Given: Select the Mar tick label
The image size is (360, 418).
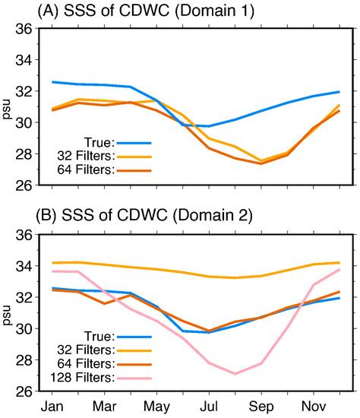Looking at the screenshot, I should pyautogui.click(x=106, y=407).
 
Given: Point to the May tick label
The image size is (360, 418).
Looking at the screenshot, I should pyautogui.click(x=157, y=407).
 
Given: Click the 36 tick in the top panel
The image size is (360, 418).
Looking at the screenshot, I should pyautogui.click(x=26, y=29).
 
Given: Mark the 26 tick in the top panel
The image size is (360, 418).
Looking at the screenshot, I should pyautogui.click(x=26, y=185).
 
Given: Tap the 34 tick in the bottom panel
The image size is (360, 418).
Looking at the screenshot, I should pyautogui.click(x=26, y=267).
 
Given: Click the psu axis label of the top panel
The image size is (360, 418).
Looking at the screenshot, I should pyautogui.click(x=8, y=106).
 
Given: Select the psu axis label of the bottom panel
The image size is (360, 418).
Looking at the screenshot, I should pyautogui.click(x=8, y=313).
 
